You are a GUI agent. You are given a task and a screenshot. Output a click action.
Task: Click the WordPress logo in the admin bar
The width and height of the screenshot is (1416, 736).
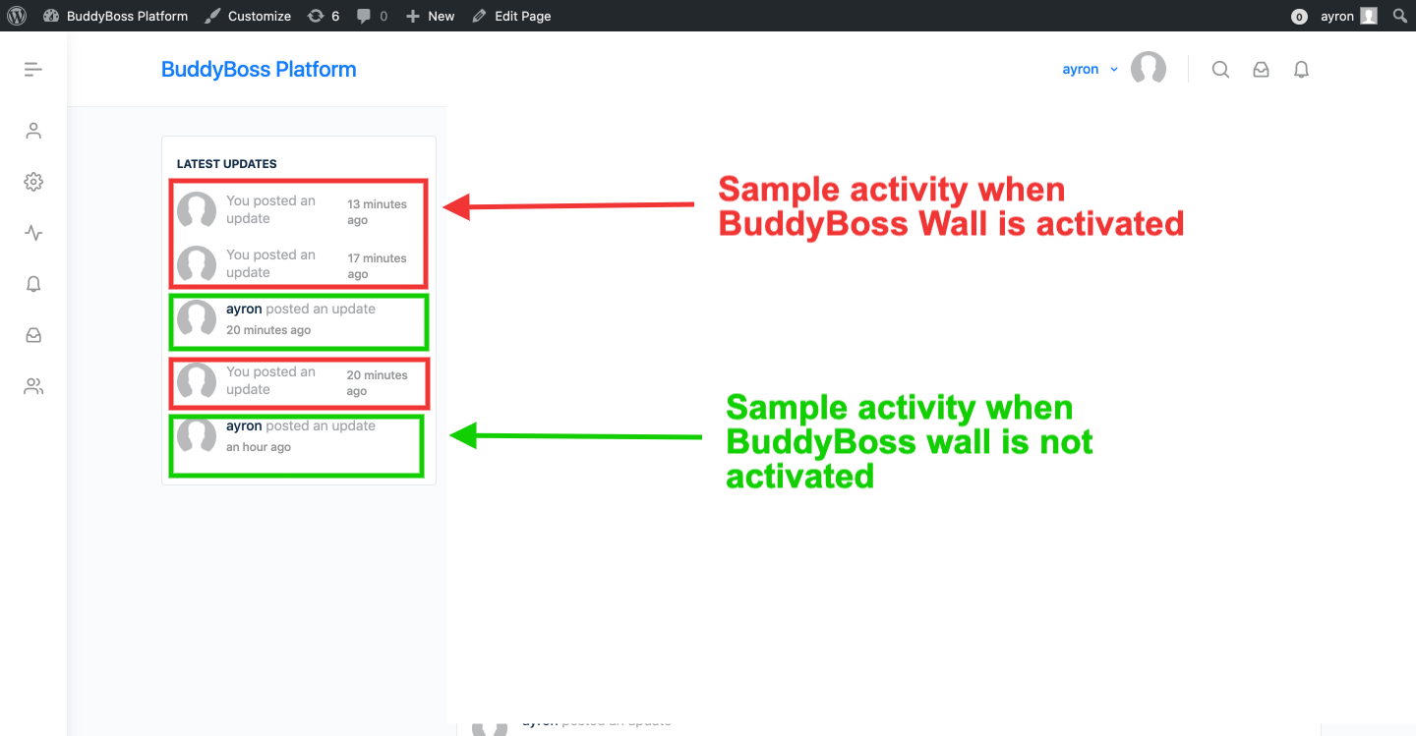[17, 16]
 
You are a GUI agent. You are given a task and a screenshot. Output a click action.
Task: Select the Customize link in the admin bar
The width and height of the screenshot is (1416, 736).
[248, 16]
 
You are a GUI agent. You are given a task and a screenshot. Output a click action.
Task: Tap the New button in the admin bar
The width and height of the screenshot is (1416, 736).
[431, 16]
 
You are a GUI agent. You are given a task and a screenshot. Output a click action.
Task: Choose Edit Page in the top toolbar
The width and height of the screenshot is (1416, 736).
[511, 16]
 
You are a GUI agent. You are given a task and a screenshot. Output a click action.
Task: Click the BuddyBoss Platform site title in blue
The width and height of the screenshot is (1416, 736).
[259, 70]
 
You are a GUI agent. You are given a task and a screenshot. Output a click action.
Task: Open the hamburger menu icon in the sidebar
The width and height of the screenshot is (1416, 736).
[33, 69]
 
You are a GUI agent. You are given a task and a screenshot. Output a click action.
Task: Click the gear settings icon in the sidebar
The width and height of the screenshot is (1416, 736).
[33, 182]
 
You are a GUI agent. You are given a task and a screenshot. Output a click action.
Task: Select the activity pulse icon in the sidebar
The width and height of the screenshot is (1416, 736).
[33, 233]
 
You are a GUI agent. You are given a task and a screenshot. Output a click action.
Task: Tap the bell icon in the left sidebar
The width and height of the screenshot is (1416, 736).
[33, 284]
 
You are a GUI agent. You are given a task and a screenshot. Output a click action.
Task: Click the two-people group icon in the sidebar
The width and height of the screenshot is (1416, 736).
[33, 386]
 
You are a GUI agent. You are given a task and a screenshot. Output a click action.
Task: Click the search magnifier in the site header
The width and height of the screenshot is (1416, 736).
[1220, 70]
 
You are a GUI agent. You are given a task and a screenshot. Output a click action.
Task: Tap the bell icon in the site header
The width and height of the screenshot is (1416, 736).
[1301, 70]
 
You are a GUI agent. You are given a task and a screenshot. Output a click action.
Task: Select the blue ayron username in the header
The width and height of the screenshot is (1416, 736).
[1081, 70]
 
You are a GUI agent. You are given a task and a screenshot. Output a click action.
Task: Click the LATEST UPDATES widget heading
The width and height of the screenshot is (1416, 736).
[227, 164]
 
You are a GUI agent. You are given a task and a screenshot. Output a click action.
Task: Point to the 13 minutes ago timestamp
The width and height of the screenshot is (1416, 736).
[377, 212]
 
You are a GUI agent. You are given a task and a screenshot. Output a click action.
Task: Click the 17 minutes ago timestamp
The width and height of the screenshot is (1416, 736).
[377, 266]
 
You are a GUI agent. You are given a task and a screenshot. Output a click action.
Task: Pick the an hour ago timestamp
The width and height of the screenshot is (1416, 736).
[259, 447]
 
